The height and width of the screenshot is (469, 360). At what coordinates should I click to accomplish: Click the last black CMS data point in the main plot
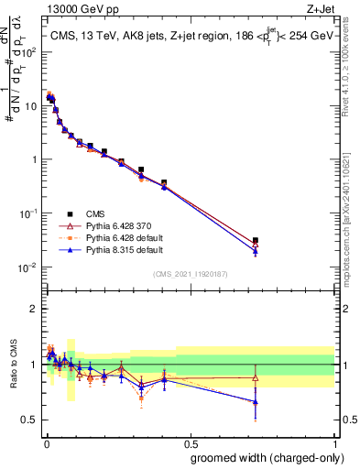256,240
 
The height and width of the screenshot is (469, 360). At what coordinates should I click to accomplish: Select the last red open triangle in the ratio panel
256,377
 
